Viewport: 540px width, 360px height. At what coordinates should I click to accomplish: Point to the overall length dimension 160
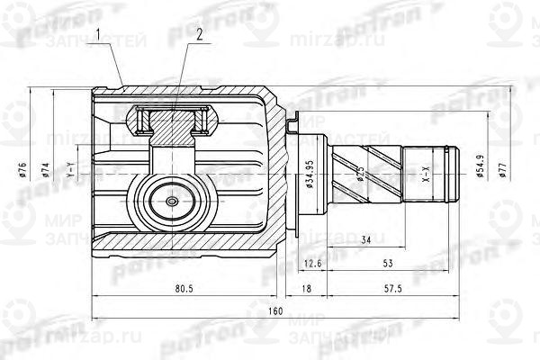(275, 310)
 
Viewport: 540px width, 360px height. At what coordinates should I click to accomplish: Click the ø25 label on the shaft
(358, 174)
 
